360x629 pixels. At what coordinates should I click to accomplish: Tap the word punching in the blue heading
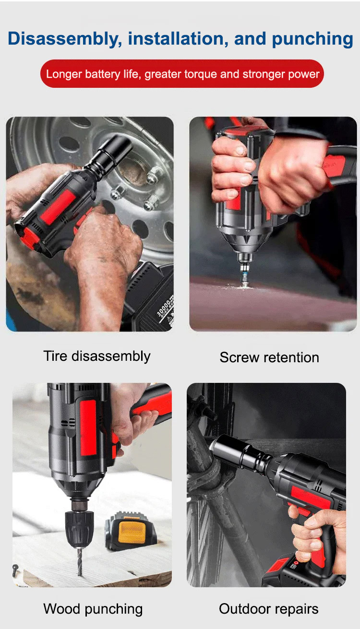(x=312, y=39)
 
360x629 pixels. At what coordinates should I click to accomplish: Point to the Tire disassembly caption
(x=97, y=356)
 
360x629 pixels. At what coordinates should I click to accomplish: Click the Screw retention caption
(x=269, y=357)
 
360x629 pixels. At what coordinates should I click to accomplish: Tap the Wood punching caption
(x=93, y=609)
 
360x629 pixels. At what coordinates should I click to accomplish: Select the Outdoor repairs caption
(x=269, y=609)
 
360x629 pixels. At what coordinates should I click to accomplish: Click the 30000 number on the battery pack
(x=164, y=308)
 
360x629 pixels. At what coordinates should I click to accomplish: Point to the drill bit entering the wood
(x=80, y=562)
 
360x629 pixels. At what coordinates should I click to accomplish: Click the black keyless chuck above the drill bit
(x=79, y=529)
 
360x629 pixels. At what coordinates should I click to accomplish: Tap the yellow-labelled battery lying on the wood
(x=131, y=531)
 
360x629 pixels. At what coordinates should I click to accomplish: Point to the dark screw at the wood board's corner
(x=16, y=569)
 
